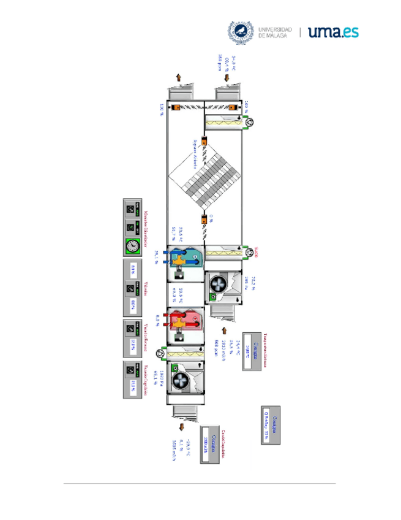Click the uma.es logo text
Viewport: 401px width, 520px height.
tap(334, 32)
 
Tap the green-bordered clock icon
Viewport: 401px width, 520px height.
tap(131, 246)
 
